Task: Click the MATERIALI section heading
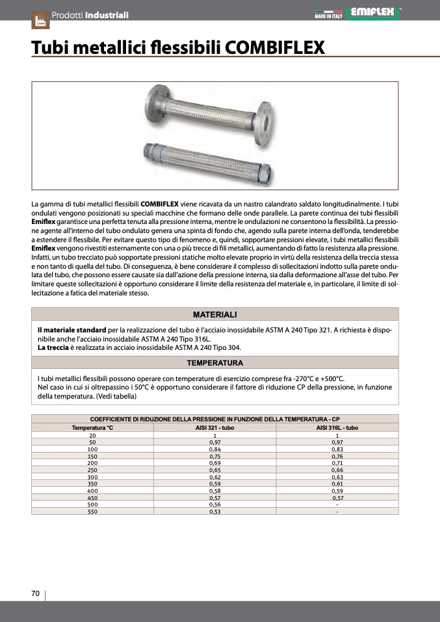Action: pos(214,314)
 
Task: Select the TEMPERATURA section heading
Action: pos(214,363)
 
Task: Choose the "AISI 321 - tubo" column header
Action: pos(214,428)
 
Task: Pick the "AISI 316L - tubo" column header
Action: pos(337,428)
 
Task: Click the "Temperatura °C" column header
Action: pos(92,428)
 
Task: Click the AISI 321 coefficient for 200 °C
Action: pos(214,463)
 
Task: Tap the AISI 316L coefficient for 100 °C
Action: pos(337,449)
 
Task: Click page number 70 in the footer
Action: pos(36,593)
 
